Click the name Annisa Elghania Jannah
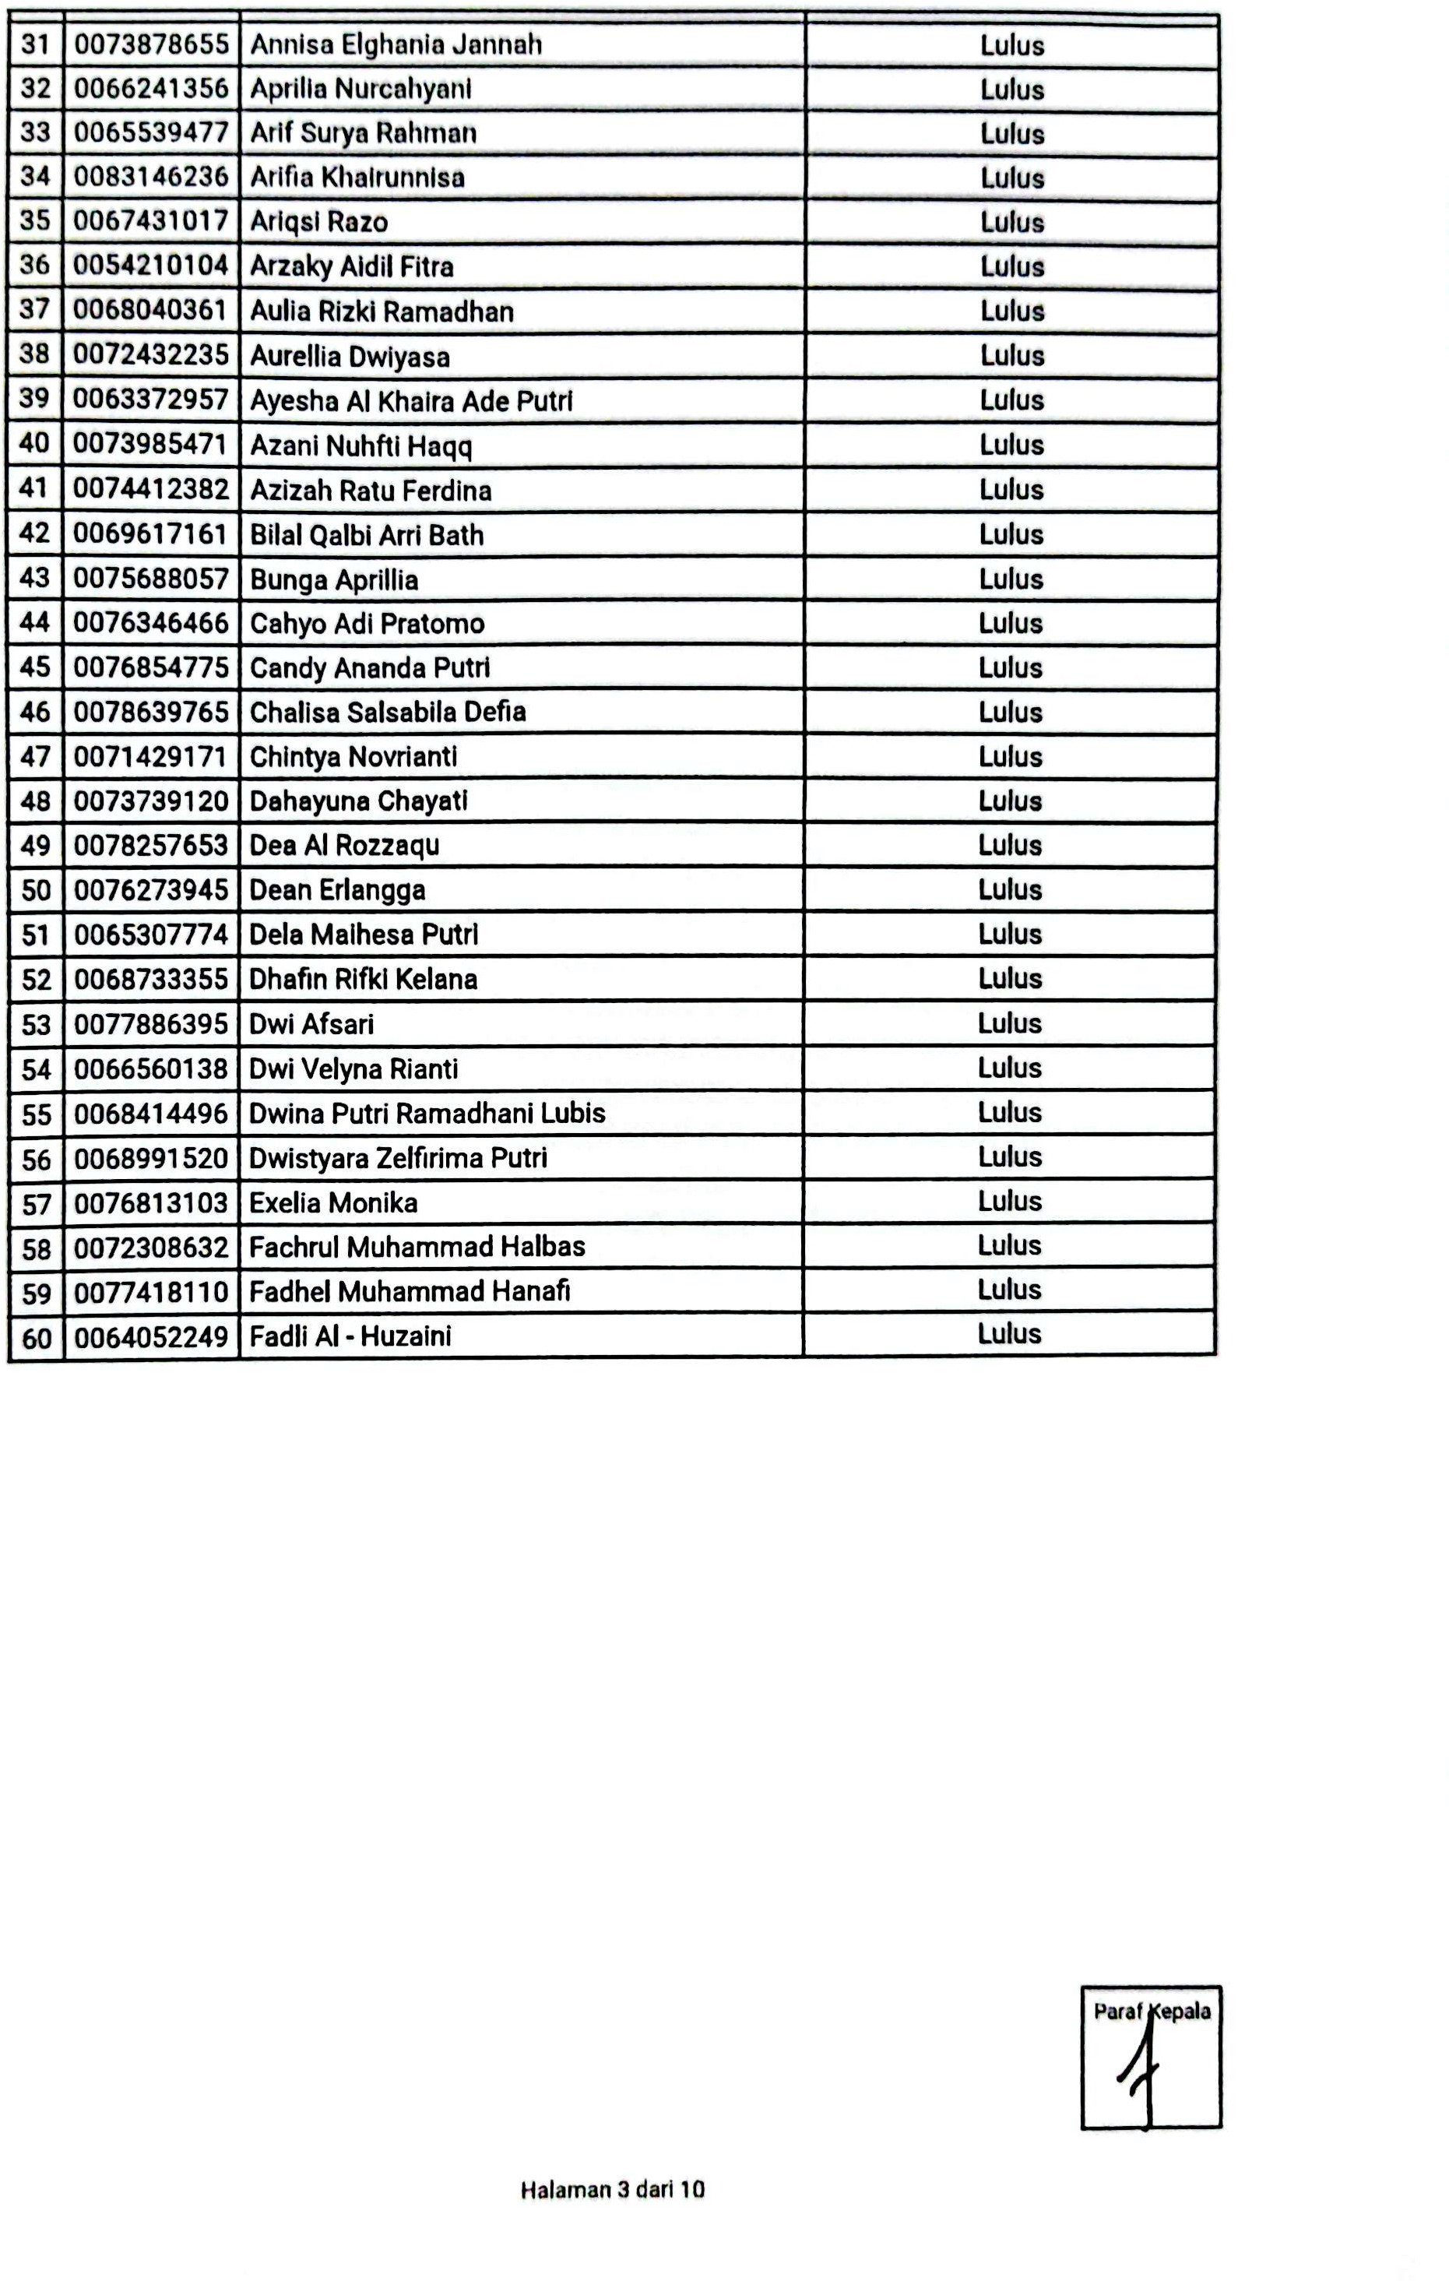tap(396, 44)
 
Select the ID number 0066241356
tap(152, 88)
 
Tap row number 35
tap(35, 220)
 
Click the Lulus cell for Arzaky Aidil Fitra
tap(1011, 266)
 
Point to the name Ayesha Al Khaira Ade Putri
tap(411, 401)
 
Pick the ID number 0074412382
tap(152, 489)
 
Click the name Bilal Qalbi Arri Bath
tap(367, 535)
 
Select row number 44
tap(35, 622)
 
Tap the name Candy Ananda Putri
tap(369, 668)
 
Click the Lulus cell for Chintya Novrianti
tap(1011, 756)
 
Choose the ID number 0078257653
tap(152, 845)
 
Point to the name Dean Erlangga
tap(337, 889)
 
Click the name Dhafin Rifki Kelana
tap(363, 979)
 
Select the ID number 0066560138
tap(152, 1068)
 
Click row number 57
tap(36, 1204)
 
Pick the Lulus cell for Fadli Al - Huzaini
tap(1010, 1334)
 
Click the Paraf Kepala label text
tap(1152, 2011)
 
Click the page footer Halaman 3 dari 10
tap(613, 2189)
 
